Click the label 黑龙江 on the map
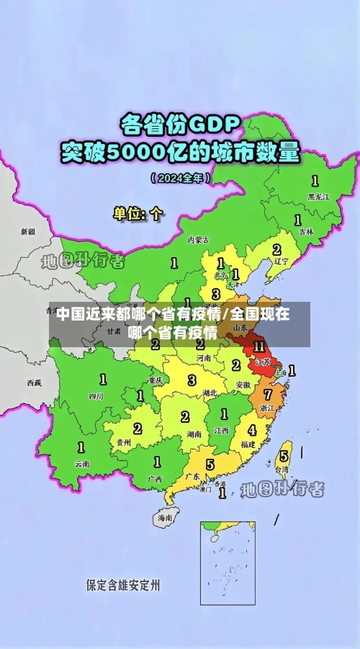(318, 196)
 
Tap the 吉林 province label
(306, 232)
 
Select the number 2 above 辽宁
(276, 250)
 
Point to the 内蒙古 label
(199, 239)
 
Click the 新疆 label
(27, 232)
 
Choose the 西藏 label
(34, 382)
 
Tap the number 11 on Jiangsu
(258, 347)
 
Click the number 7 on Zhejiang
(268, 395)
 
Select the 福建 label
(248, 444)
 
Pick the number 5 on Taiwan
(284, 455)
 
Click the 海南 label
(165, 517)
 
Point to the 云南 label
(82, 464)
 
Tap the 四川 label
(96, 395)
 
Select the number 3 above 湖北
(192, 380)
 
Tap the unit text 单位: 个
(138, 213)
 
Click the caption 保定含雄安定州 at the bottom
(123, 585)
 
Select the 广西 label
(154, 478)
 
